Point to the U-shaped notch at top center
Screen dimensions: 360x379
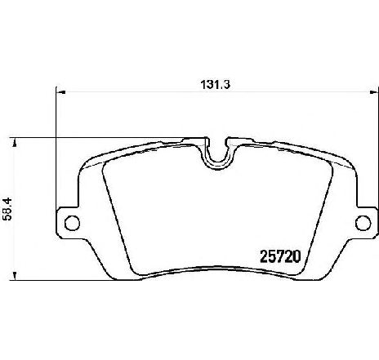216,153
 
